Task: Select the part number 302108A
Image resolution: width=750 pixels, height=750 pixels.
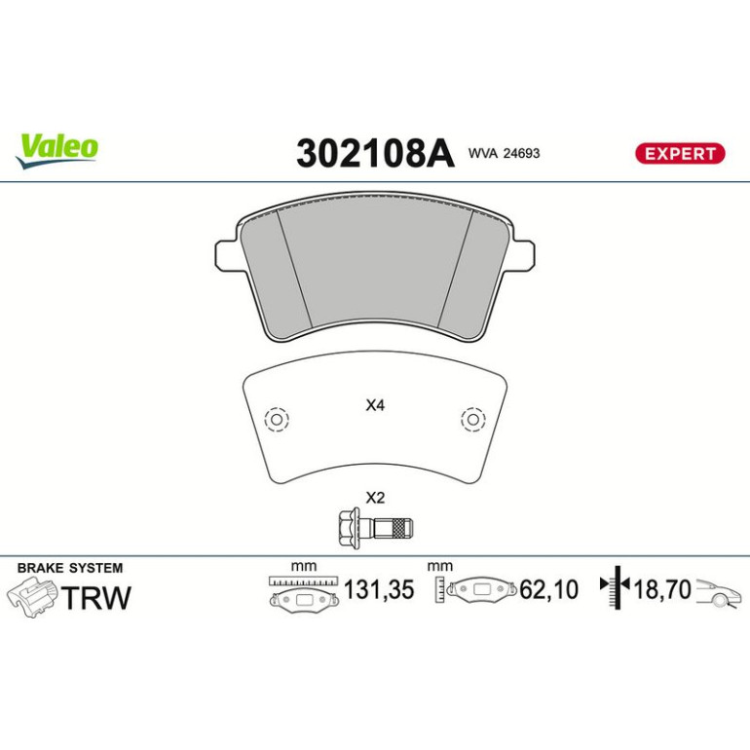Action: click(375, 154)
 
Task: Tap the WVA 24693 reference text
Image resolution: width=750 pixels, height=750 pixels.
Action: click(504, 153)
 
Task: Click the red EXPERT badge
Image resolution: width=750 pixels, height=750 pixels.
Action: click(680, 154)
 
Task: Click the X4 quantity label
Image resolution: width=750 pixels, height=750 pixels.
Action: click(375, 405)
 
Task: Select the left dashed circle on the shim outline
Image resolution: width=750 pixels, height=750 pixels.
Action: click(277, 420)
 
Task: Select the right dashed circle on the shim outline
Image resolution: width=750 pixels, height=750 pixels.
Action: click(473, 420)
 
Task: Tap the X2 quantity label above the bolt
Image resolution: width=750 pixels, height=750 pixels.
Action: click(375, 498)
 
